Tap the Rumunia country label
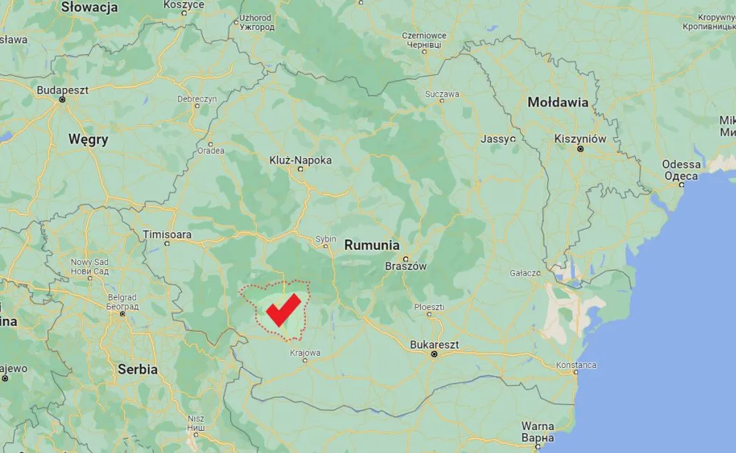pyautogui.click(x=372, y=245)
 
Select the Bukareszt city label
pyautogui.click(x=434, y=344)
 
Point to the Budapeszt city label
pyautogui.click(x=63, y=91)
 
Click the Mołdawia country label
pyautogui.click(x=557, y=102)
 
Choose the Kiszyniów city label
pyautogui.click(x=580, y=139)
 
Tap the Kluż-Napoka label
pyautogui.click(x=301, y=161)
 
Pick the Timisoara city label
pyautogui.click(x=167, y=234)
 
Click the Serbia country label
pyautogui.click(x=137, y=369)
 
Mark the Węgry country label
pyautogui.click(x=88, y=139)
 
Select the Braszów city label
pyautogui.click(x=405, y=267)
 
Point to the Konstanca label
pyautogui.click(x=576, y=365)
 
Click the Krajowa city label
pyautogui.click(x=305, y=352)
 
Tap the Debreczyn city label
pyautogui.click(x=197, y=99)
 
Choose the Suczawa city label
pyautogui.click(x=442, y=94)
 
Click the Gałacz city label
pyautogui.click(x=525, y=273)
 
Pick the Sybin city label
pyautogui.click(x=326, y=239)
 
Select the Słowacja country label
pyautogui.click(x=89, y=8)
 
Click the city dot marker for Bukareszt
pyautogui.click(x=434, y=354)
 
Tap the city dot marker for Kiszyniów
pyautogui.click(x=580, y=149)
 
